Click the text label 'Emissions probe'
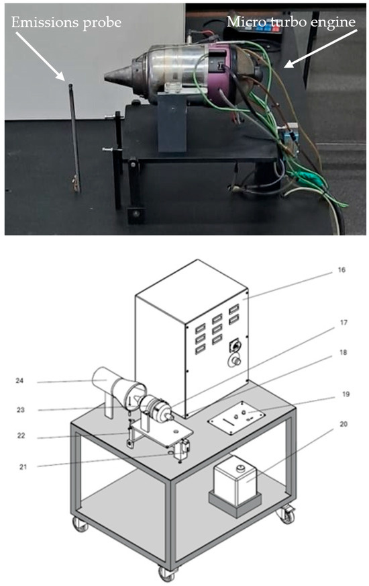click(66, 23)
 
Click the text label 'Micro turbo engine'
click(291, 22)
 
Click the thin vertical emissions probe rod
click(74, 138)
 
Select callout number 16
click(341, 270)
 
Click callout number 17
click(344, 323)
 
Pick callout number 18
click(343, 352)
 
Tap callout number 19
click(346, 394)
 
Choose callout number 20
click(344, 424)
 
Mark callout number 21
click(23, 467)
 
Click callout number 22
click(21, 435)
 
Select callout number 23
click(21, 410)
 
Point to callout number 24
click(19, 381)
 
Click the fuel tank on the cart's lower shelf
click(235, 481)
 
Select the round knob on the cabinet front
click(235, 361)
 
